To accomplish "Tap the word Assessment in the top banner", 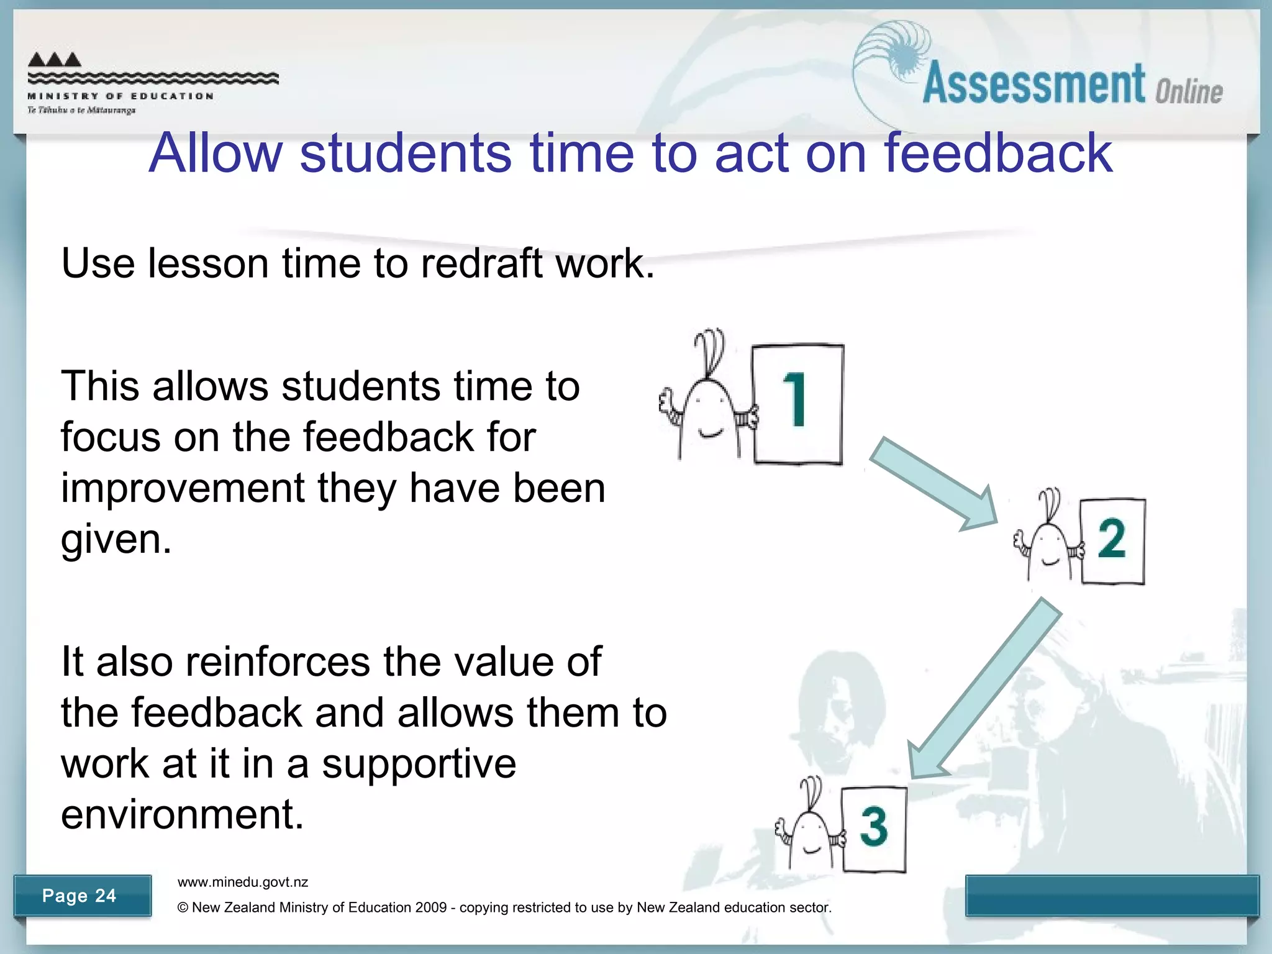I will click(x=1033, y=84).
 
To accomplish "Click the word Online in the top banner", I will click(x=1189, y=92).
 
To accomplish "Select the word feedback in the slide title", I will click(x=998, y=153).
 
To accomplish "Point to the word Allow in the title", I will click(x=216, y=153).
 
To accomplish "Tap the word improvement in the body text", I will click(x=182, y=488).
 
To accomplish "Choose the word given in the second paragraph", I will click(x=116, y=539).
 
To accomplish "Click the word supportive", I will click(x=419, y=763).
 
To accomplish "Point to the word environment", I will click(x=182, y=814).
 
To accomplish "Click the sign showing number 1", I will click(x=797, y=404).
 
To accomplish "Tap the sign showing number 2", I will click(x=1112, y=540).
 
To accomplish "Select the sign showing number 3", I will click(x=874, y=829).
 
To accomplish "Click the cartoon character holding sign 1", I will click(x=708, y=404).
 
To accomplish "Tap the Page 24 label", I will click(x=79, y=896).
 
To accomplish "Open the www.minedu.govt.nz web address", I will click(x=243, y=882).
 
